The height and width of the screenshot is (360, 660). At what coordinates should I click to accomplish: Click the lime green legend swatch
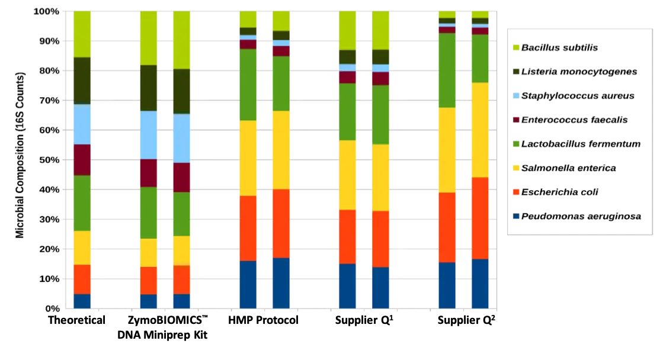[516, 47]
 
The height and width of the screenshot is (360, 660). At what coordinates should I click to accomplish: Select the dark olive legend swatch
[516, 71]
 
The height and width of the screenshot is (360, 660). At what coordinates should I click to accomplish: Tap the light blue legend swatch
[516, 95]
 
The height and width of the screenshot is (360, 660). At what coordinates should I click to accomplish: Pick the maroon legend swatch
[516, 120]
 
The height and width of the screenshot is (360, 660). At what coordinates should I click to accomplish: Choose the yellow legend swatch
[516, 168]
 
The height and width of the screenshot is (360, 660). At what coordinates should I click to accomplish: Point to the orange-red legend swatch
[516, 192]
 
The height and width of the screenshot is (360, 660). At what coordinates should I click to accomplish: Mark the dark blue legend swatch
[516, 217]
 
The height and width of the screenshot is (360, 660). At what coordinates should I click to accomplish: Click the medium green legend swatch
[516, 144]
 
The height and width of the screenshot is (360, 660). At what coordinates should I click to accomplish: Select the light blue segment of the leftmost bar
[82, 124]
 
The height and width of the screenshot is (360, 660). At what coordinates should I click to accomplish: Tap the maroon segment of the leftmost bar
[82, 160]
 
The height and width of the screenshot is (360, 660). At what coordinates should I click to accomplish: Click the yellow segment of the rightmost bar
[479, 130]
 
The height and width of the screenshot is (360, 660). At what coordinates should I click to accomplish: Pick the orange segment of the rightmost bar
[479, 218]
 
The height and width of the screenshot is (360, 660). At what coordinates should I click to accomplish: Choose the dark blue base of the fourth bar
[248, 284]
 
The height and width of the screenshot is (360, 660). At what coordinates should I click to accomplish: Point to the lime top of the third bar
[181, 40]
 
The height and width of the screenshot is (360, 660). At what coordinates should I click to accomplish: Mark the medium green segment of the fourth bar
[248, 85]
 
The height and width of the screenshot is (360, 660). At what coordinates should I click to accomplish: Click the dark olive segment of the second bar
[148, 88]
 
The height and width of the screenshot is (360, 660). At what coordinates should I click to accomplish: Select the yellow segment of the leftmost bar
[82, 247]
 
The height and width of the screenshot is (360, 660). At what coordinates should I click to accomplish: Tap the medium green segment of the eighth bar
[446, 70]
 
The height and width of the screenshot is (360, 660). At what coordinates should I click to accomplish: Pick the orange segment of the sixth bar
[347, 236]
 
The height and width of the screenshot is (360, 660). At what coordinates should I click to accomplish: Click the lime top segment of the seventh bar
[380, 30]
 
